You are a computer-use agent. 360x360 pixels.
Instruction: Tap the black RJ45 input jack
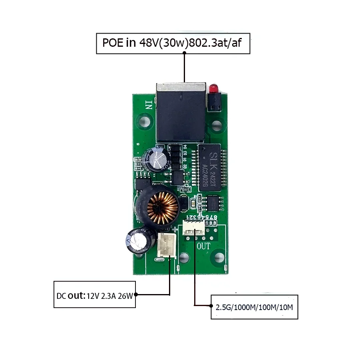click(181, 113)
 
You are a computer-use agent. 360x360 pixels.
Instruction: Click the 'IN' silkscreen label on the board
click(149, 105)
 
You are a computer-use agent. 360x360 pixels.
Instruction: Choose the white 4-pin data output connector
click(193, 229)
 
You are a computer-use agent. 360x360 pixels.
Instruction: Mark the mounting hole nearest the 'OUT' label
click(219, 256)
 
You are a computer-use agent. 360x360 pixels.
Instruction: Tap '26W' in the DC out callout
click(125, 296)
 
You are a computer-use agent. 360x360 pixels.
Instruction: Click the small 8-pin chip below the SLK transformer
click(213, 203)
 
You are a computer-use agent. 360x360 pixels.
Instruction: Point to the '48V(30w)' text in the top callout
click(163, 43)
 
